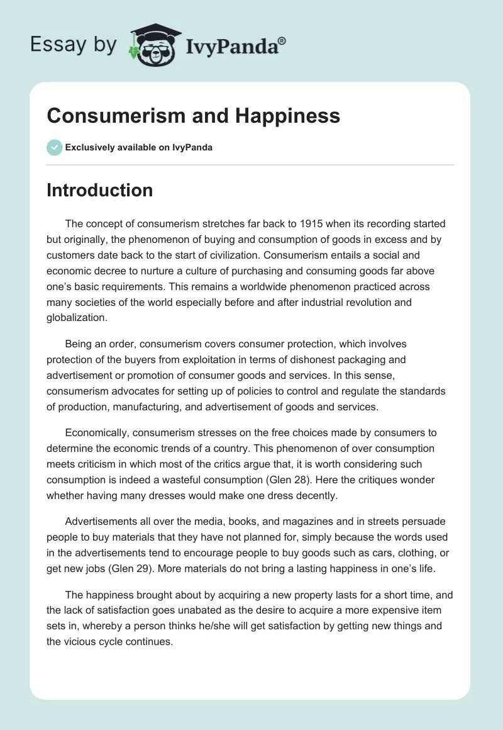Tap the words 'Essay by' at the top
(74, 44)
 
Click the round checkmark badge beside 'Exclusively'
(54, 147)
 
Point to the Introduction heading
(99, 190)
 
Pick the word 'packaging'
(377, 361)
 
